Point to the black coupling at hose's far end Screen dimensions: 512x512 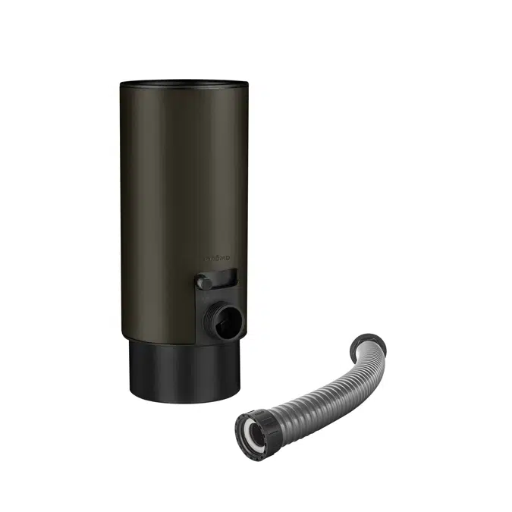[x=373, y=342]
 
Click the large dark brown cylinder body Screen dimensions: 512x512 [x=167, y=212]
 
